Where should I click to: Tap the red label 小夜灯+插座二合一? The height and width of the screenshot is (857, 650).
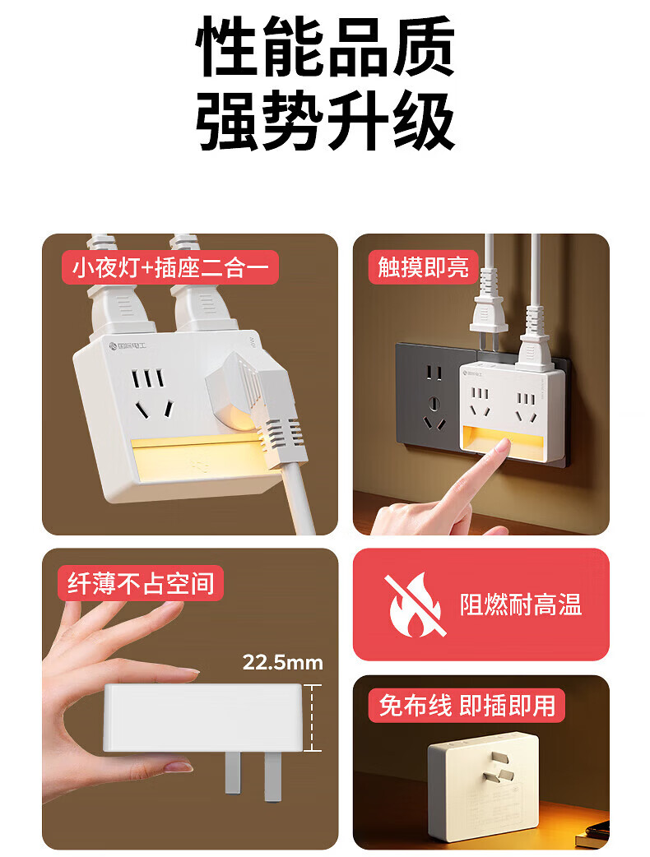170,267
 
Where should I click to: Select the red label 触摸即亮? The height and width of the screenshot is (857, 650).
423,267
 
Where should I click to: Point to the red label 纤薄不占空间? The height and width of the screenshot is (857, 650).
141,583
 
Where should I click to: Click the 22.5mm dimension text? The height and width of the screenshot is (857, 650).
283,662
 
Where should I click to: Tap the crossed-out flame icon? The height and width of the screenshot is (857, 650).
415,605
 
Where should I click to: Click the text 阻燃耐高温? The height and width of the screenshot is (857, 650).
521,605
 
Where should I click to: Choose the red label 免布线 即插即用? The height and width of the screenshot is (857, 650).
467,705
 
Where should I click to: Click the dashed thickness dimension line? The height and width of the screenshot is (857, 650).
312,718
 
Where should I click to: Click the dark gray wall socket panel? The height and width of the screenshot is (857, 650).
429,403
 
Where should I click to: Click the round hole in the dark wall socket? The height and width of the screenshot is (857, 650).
434,404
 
